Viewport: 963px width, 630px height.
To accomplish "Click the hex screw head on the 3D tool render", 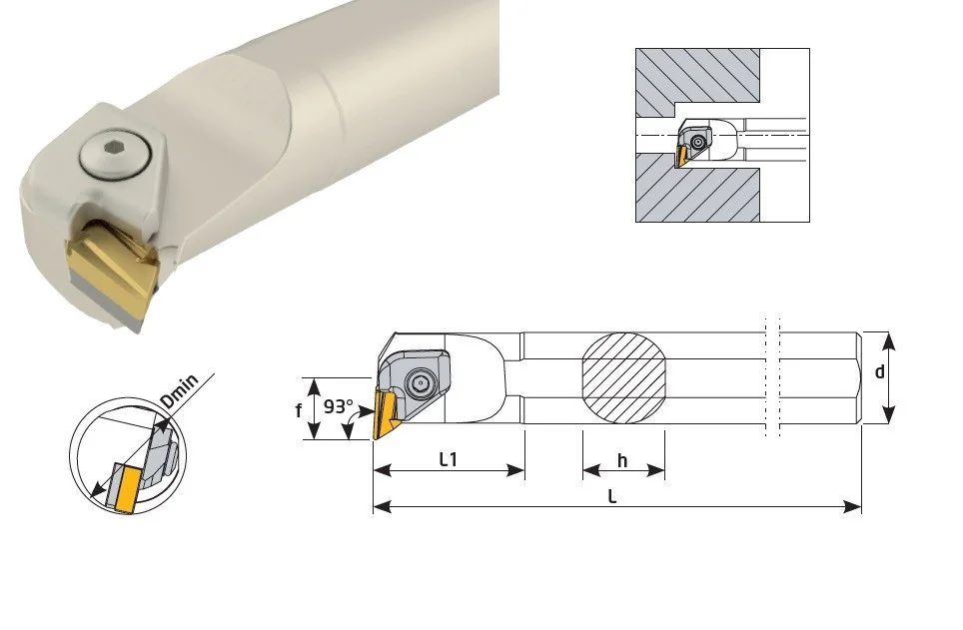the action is click(115, 155).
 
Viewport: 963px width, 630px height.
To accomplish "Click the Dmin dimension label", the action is click(180, 390).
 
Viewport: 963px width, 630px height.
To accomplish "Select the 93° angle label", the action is click(339, 406).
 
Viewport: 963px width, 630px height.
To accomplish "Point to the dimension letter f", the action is click(299, 410).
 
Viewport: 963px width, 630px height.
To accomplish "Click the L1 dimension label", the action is click(449, 459).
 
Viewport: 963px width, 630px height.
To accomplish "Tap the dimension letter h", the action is click(622, 460).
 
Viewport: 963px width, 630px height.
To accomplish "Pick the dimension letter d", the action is click(879, 371).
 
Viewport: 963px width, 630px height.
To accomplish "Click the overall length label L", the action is click(612, 496).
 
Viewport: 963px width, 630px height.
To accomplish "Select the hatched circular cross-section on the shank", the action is click(623, 378).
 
